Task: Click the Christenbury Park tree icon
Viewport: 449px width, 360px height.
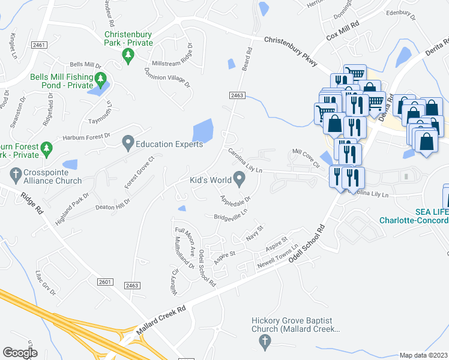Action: pos(127,56)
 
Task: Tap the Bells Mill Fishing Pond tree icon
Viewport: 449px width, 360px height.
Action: pos(101,79)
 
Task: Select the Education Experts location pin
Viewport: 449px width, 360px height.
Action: pos(127,143)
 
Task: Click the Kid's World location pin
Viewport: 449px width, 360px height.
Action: pos(239,179)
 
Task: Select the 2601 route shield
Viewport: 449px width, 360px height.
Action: pos(104,281)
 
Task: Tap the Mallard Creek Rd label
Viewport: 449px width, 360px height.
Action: pos(160,320)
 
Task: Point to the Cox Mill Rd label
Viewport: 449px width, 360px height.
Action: pos(342,30)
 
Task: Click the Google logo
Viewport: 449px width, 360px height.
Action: pos(20,352)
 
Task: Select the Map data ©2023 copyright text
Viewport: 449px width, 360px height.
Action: pos(423,355)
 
